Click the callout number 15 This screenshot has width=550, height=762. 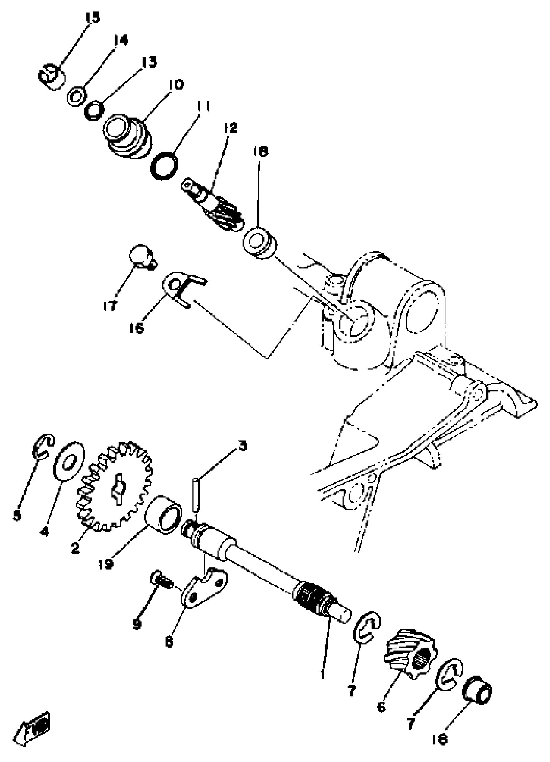[93, 17]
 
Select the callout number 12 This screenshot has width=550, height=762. [230, 128]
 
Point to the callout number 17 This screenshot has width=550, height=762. [110, 305]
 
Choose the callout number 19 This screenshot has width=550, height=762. [105, 564]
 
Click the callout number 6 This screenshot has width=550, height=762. [381, 707]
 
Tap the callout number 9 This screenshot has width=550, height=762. [137, 624]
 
